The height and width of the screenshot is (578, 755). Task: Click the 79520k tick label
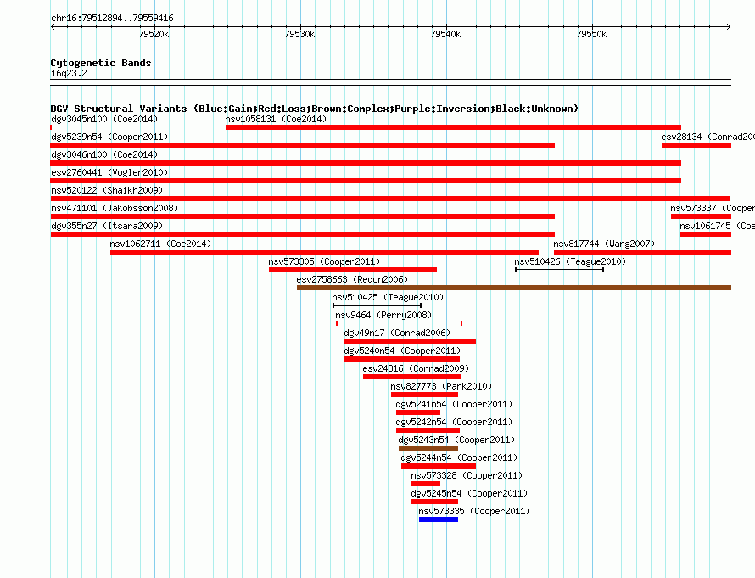pos(154,35)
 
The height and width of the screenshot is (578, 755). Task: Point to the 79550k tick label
pos(590,35)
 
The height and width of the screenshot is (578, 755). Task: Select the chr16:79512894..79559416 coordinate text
pos(112,18)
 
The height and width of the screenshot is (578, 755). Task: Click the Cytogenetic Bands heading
pos(100,63)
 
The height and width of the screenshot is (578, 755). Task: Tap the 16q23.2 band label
pos(68,74)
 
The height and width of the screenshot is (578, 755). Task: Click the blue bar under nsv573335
pos(438,519)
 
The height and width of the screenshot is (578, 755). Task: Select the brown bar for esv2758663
pos(513,288)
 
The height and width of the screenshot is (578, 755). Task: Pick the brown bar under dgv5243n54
pos(428,448)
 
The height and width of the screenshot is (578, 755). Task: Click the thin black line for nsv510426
pos(559,270)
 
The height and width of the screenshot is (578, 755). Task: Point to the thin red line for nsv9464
pos(399,323)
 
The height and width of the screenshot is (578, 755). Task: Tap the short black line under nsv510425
pos(377,306)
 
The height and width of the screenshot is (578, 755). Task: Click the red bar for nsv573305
pos(353,270)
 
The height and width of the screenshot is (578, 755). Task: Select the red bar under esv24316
pos(411,377)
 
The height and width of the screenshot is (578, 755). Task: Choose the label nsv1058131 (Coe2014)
pos(276,119)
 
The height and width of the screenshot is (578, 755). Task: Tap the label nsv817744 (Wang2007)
pos(604,244)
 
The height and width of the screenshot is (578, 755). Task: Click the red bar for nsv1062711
pos(324,252)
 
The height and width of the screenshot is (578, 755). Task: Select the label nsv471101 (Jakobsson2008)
pos(115,208)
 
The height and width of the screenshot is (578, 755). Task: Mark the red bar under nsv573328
pos(426,484)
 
